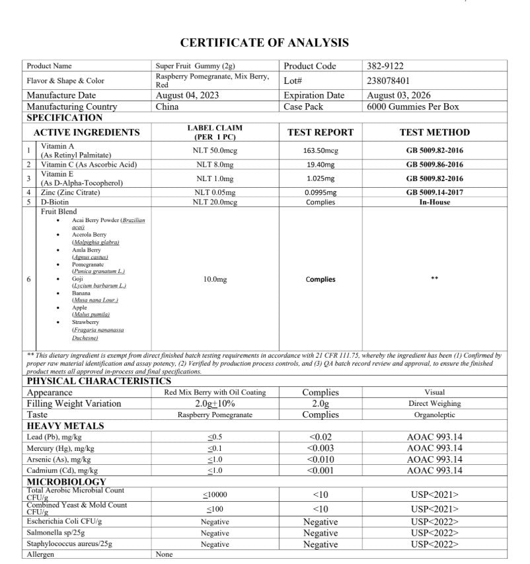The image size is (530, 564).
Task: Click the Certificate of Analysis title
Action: point(264,43)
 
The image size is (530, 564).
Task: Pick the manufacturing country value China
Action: point(167,106)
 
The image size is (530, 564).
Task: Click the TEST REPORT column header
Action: point(321,132)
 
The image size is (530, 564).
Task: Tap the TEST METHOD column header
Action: point(434,132)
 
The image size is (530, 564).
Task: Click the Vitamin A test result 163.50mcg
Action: point(321,150)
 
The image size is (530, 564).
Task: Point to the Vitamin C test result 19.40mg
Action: point(321,164)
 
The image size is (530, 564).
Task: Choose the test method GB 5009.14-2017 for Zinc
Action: point(434,192)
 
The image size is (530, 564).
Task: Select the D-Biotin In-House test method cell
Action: point(434,202)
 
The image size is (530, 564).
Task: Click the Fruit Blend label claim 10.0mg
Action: point(215,280)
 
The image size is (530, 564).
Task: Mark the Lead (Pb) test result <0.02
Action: point(321,437)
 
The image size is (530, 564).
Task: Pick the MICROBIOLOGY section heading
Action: point(66,482)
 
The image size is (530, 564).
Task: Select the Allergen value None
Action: point(164,555)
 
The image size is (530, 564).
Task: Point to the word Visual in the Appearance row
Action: point(434,392)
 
